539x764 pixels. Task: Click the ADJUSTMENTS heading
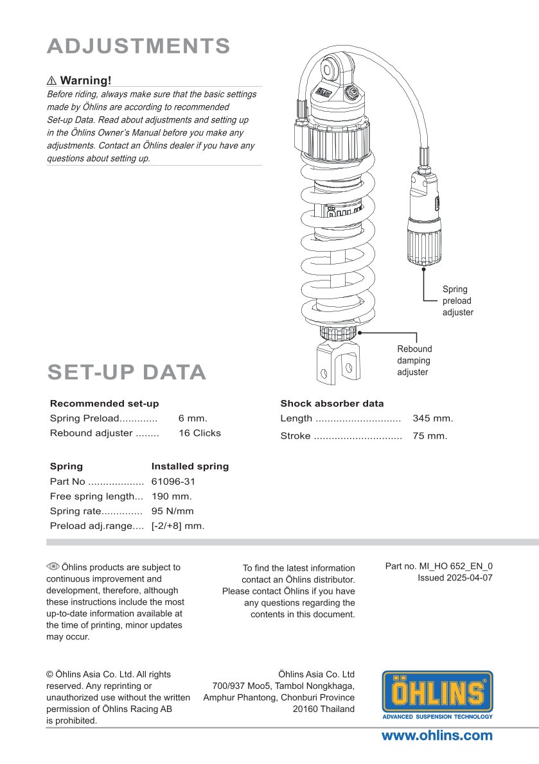point(139,46)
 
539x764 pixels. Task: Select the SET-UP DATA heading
point(127,372)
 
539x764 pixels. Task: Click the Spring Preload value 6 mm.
point(193,418)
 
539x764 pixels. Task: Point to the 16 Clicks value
point(199,433)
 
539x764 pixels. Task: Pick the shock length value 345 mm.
point(432,419)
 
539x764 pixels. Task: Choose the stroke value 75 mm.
point(430,436)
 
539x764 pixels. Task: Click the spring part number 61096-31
point(173,481)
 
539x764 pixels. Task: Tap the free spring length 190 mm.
point(172,496)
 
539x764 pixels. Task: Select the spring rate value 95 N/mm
point(172,512)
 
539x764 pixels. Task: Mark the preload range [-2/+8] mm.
point(178,526)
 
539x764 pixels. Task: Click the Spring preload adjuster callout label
point(457,300)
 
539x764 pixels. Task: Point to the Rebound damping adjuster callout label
point(414,360)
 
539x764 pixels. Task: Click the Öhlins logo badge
point(437,695)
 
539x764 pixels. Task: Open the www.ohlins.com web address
point(437,736)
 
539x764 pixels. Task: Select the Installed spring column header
point(190,466)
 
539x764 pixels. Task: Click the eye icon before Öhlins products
point(53,567)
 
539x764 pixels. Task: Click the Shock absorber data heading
point(331,404)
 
